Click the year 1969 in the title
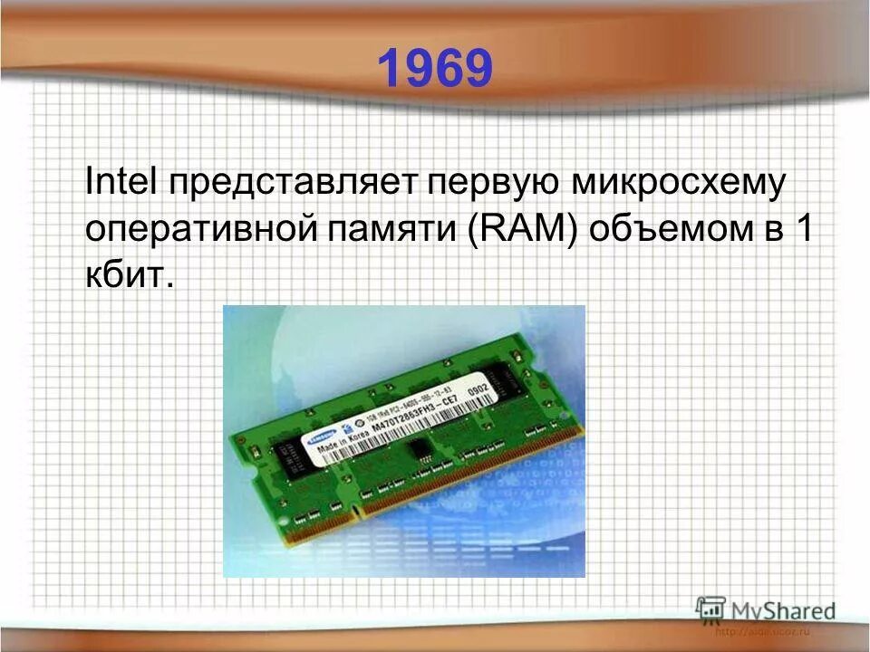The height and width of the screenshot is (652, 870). (x=434, y=68)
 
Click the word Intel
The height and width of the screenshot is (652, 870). (x=121, y=179)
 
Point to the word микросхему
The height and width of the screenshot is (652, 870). (x=677, y=181)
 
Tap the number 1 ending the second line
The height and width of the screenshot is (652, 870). (x=802, y=227)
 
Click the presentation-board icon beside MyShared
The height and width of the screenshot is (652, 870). (x=710, y=607)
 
